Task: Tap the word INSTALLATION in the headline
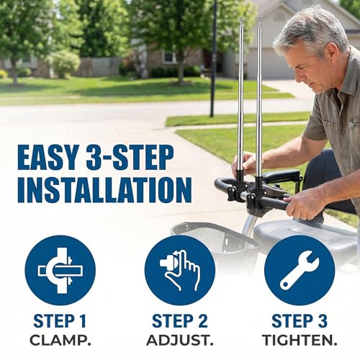coord(104,190)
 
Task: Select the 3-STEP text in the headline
coord(130,157)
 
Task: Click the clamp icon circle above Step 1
coord(60,271)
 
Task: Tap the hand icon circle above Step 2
coord(180,271)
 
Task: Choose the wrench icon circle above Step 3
coord(300,271)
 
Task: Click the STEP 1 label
coord(60,321)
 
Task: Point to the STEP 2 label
coord(180,321)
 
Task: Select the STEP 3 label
coord(300,321)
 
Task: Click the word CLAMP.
coord(60,341)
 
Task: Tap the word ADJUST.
coord(180,341)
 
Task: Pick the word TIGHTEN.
coord(300,341)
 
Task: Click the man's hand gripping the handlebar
coord(301,206)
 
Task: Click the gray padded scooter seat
coord(305,234)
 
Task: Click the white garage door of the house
coord(268,64)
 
